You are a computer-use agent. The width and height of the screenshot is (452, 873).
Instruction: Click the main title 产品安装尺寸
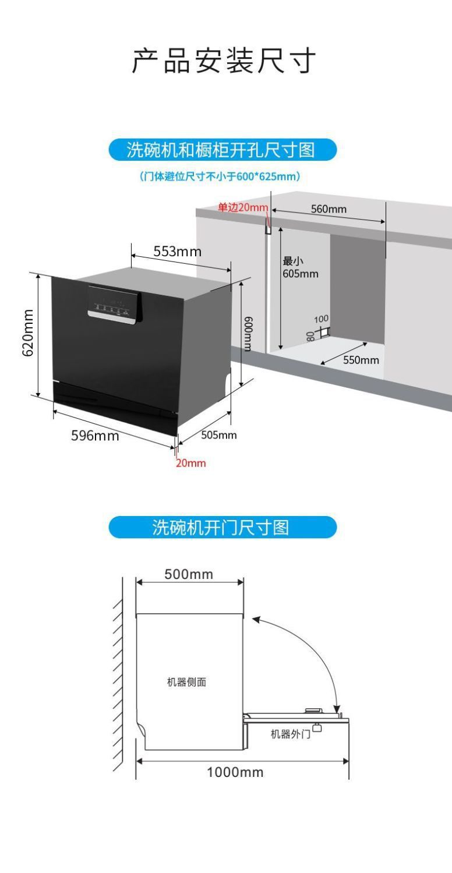point(224,61)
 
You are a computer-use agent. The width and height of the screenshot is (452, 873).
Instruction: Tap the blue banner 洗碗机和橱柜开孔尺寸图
point(223,150)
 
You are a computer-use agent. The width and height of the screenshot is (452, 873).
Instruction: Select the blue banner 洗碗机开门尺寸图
point(223,527)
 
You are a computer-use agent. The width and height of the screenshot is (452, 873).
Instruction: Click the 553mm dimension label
point(177,252)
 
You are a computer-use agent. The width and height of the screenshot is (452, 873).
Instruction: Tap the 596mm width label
point(95,436)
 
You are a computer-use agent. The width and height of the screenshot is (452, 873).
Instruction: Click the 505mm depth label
point(218,435)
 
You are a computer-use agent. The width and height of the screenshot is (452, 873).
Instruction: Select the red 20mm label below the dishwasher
point(191,463)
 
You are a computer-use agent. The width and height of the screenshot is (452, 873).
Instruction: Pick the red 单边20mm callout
point(243,207)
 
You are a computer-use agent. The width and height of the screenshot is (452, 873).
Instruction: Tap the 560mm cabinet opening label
point(329,209)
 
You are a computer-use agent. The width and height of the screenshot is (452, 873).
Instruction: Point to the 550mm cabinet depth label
point(361,360)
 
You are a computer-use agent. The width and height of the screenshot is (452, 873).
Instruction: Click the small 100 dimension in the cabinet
point(321,319)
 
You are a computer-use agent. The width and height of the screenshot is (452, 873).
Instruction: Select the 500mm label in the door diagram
point(189,574)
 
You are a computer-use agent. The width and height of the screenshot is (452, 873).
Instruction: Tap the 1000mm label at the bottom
point(235,772)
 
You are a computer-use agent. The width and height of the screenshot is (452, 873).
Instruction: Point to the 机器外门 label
point(290,734)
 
